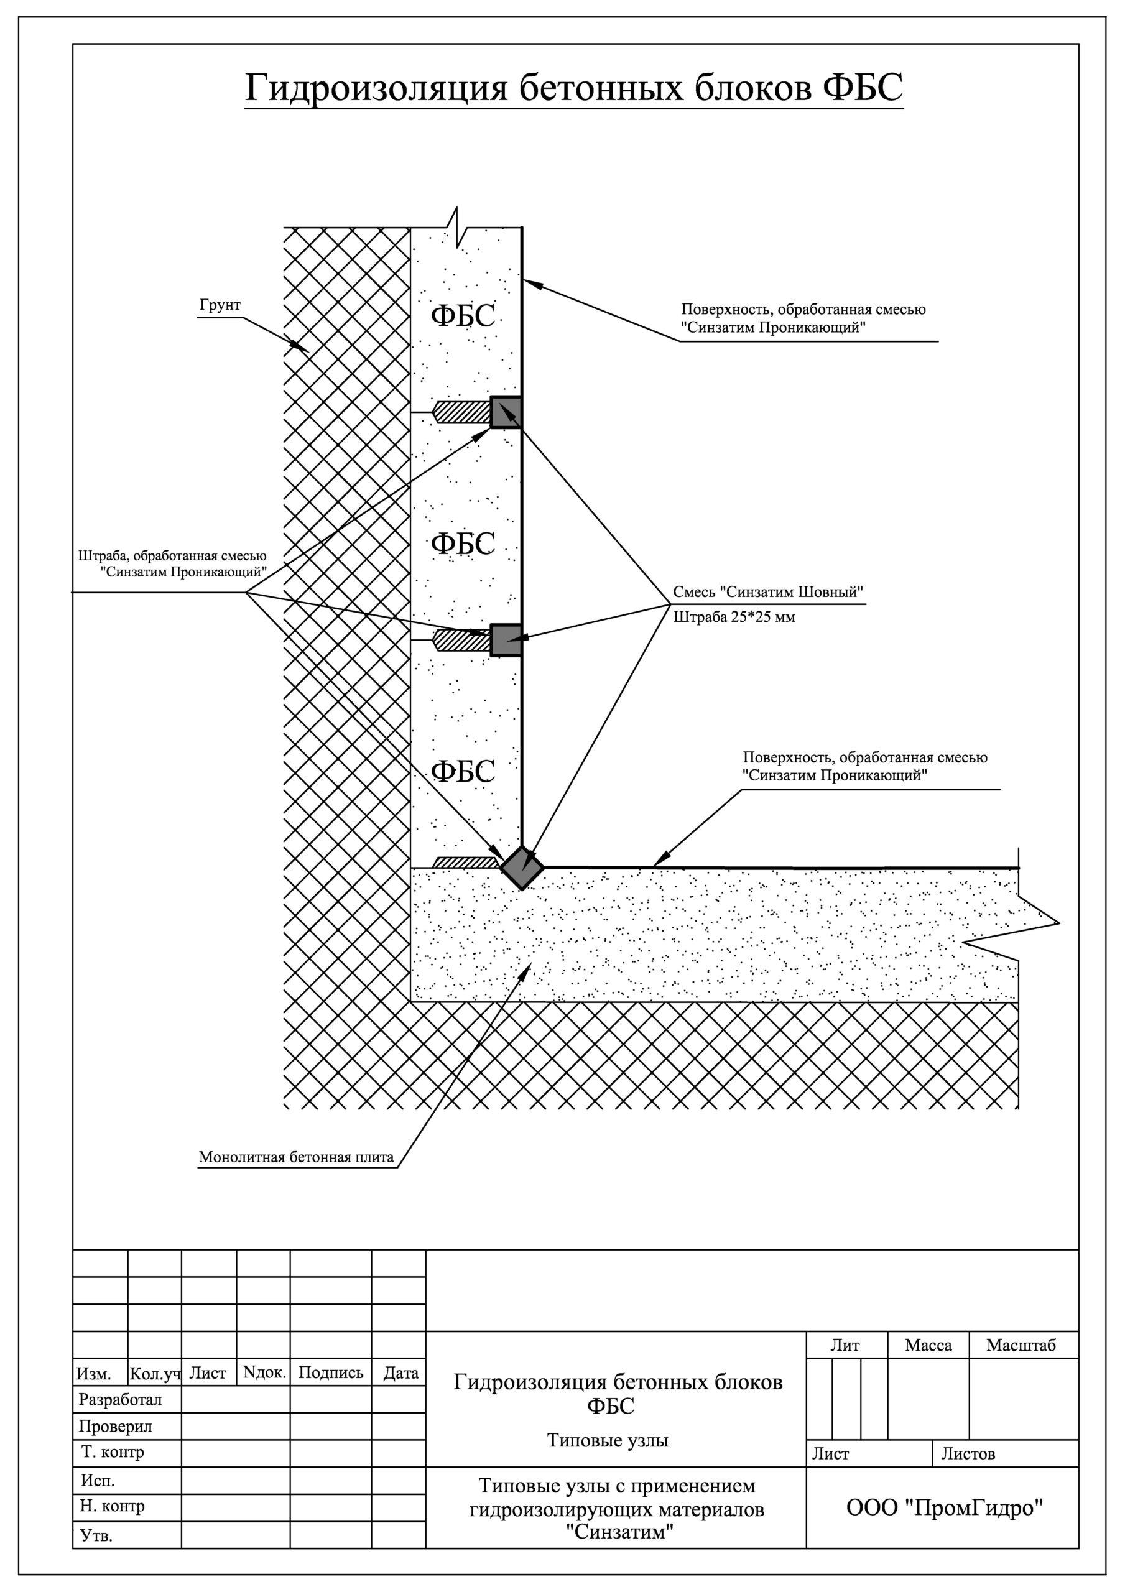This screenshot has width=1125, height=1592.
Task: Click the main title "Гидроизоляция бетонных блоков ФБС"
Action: pos(573,89)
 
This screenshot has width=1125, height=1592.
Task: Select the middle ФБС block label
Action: pos(463,544)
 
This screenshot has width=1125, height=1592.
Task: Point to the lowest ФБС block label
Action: pos(463,771)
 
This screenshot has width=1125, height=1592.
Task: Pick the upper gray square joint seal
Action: pos(506,412)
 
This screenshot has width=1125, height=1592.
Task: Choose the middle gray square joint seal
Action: pos(506,639)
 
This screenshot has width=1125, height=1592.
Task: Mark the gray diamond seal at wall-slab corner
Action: pos(522,868)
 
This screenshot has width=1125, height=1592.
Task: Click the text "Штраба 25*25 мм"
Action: pos(734,618)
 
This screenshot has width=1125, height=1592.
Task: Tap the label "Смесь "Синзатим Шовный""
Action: pos(769,593)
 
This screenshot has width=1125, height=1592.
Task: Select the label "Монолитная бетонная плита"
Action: pos(296,1157)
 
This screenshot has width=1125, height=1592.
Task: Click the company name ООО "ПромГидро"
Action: pos(945,1509)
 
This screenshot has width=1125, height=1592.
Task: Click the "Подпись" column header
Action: pos(331,1373)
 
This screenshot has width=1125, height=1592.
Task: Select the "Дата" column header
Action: pos(401,1373)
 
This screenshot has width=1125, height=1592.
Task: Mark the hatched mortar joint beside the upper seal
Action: pos(461,412)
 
